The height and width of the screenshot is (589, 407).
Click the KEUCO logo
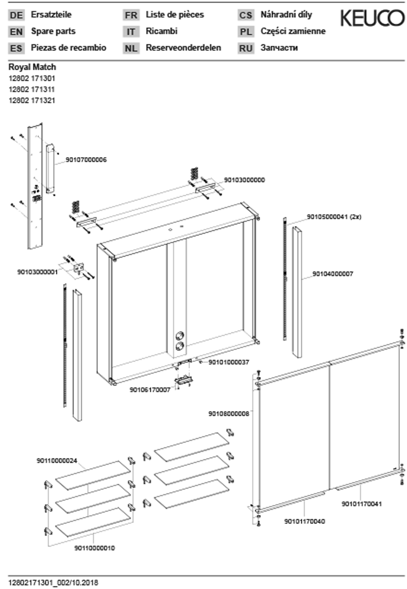point(372,18)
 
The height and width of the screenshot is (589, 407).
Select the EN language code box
point(16,32)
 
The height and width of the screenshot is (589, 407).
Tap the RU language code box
point(246,48)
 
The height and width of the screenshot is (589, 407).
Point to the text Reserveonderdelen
point(183,48)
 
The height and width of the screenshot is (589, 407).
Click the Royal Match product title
point(32,67)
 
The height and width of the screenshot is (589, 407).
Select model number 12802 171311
point(32,90)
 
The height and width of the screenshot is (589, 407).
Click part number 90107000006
point(86,160)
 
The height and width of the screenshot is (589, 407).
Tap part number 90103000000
point(244,180)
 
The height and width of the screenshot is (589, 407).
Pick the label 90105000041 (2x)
point(334,217)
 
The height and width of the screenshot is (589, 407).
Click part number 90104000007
point(333,274)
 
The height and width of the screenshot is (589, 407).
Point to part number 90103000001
point(38,272)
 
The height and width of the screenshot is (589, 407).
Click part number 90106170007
point(150,390)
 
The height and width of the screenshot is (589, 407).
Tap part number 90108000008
point(228,414)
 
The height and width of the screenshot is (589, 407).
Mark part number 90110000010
point(94,548)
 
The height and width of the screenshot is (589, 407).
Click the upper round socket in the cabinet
point(180,335)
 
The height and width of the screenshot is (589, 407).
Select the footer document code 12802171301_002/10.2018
point(53,583)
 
